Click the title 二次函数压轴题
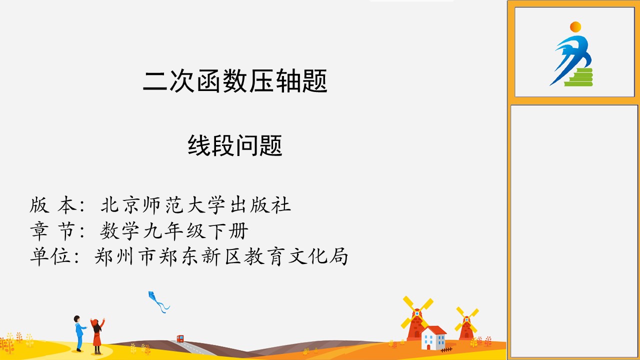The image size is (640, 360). pos(235,81)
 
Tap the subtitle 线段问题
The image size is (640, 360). pos(235,145)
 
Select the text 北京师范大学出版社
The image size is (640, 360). pos(195,205)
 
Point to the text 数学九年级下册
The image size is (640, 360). pos(174,230)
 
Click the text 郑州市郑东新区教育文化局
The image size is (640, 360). pos(221,256)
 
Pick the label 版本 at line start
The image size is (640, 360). pos(53,205)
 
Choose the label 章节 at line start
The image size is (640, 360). pos(53,230)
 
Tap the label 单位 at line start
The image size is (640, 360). pos(50,256)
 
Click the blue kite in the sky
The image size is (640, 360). pos(158,301)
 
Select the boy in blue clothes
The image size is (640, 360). pos(79,333)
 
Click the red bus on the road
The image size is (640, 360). pos(180,339)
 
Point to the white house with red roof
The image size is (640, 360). pos(433,337)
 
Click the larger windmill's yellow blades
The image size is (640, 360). pos(417,313)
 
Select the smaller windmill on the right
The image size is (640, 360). pos(467,323)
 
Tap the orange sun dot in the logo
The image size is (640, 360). pos(575,27)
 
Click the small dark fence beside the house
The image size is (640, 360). pos(446,349)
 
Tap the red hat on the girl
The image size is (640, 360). pos(95,322)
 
